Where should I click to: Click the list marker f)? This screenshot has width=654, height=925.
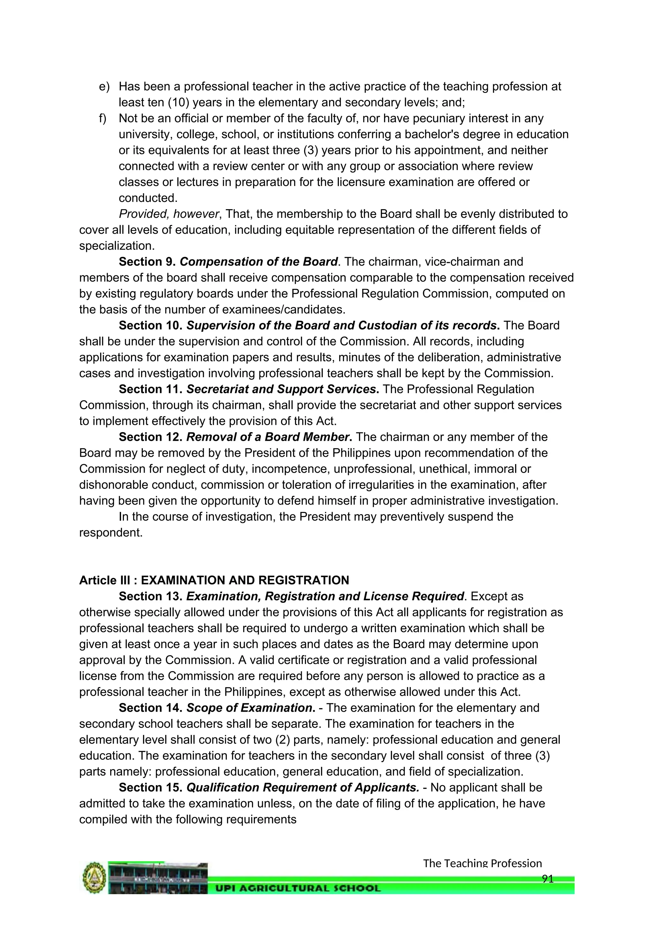pos(103,118)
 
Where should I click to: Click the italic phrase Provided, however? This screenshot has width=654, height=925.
pos(169,214)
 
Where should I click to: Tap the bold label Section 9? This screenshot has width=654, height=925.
pos(147,262)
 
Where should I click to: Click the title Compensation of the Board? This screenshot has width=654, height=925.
pos(258,262)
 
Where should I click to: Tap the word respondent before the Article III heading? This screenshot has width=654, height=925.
pos(111,532)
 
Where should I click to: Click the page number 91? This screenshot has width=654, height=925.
pos(548,879)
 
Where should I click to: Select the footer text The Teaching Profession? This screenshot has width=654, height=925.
pos(482,863)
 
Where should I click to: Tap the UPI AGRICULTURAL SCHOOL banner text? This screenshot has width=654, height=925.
pos(298,888)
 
